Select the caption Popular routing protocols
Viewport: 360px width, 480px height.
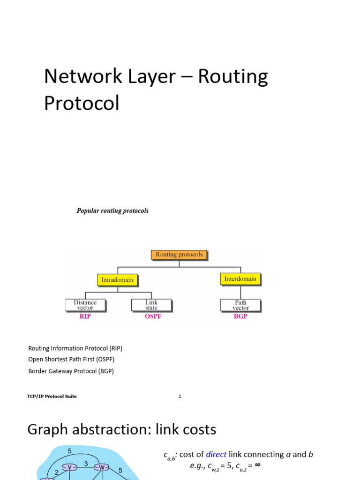pos(112,211)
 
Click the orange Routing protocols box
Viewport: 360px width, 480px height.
pos(179,255)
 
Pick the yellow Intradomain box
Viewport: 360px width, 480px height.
pos(117,280)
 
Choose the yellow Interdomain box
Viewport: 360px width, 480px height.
pos(240,279)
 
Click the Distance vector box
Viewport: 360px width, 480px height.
pos(85,305)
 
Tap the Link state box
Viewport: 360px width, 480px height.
pos(151,305)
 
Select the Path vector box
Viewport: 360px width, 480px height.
pos(240,305)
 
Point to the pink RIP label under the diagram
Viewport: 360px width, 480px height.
pos(85,316)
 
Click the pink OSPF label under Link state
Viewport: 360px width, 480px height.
pos(153,316)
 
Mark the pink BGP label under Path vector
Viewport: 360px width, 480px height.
pos(240,316)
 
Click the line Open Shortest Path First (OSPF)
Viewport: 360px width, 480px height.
pos(71,360)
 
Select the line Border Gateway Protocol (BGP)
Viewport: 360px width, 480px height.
pos(71,371)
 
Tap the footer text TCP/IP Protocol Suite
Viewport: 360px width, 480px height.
pos(52,397)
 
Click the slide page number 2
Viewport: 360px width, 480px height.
pos(180,397)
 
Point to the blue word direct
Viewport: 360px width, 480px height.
pos(216,454)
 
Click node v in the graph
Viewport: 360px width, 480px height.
pos(70,467)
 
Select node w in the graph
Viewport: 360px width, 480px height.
pos(102,467)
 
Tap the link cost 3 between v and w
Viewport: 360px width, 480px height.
pos(86,464)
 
